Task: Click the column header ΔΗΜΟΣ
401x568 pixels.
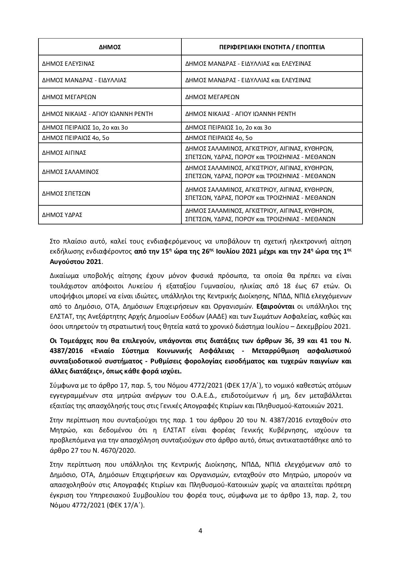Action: (x=110, y=47)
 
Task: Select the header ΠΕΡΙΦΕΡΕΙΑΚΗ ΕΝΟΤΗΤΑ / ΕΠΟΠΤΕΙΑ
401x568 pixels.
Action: (x=272, y=47)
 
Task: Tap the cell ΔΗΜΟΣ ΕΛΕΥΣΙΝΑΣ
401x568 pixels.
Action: (x=68, y=64)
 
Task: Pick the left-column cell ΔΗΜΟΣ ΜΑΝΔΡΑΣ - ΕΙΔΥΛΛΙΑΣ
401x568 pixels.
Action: (x=84, y=80)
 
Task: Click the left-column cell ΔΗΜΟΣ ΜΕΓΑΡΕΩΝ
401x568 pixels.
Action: (x=69, y=97)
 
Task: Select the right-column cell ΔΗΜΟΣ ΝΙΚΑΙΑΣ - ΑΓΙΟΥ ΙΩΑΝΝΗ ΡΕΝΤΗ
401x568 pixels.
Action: (x=240, y=114)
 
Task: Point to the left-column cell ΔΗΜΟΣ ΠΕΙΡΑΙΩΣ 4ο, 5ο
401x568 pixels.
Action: (x=74, y=138)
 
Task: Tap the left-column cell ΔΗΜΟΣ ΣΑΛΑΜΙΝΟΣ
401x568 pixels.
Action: (x=70, y=172)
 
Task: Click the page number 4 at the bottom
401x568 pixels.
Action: (x=200, y=531)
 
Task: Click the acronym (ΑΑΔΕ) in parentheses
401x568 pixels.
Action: (x=218, y=316)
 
